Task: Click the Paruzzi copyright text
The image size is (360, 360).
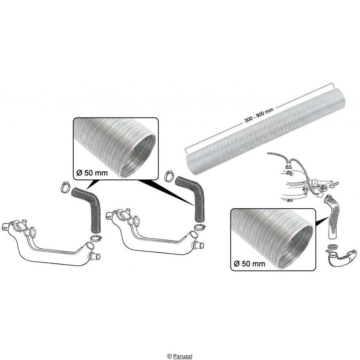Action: pyautogui.click(x=180, y=356)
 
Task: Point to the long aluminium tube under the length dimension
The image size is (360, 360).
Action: pyautogui.click(x=261, y=131)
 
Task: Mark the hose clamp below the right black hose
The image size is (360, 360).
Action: pyautogui.click(x=199, y=228)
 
